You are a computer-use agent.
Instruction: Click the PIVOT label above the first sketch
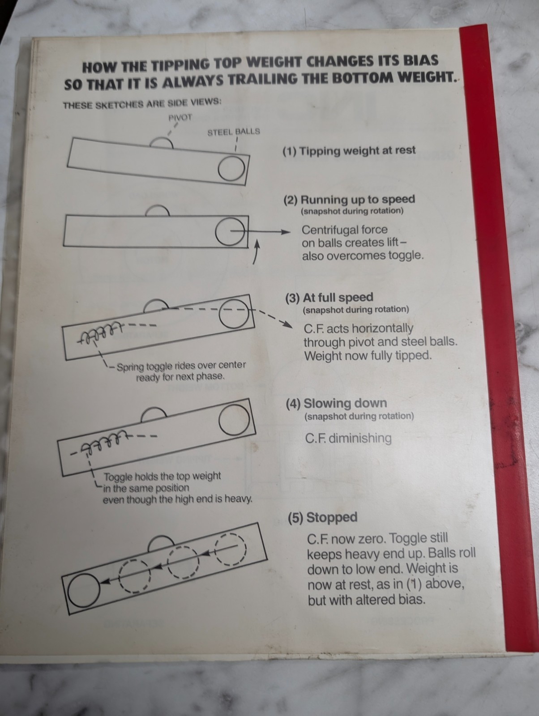point(180,117)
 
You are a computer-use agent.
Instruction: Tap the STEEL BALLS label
point(234,132)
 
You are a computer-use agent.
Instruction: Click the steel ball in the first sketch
point(231,169)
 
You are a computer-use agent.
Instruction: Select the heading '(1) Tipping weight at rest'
point(349,151)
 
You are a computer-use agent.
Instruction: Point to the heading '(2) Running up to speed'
point(349,199)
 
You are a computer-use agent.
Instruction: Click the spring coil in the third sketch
point(98,333)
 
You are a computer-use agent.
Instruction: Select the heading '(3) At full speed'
point(329,298)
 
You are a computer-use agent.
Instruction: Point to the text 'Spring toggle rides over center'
point(181,366)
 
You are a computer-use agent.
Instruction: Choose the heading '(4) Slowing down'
point(336,404)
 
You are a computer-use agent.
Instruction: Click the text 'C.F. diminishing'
point(348,438)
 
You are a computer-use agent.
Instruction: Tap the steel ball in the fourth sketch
point(234,419)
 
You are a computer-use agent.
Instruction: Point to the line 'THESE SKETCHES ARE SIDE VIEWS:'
point(142,104)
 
